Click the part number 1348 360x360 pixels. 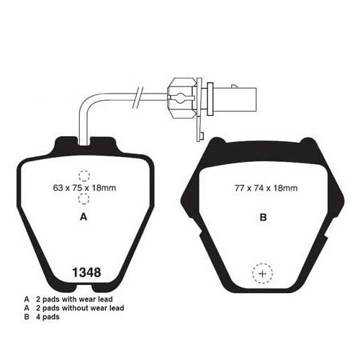pyautogui.click(x=86, y=273)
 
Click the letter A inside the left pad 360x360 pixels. pyautogui.click(x=84, y=217)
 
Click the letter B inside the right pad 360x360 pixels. pyautogui.click(x=264, y=217)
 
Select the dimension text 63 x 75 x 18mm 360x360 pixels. pyautogui.click(x=84, y=188)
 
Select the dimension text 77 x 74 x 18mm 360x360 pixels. pyautogui.click(x=266, y=188)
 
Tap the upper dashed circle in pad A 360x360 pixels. pyautogui.click(x=84, y=176)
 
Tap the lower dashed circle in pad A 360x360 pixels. pyautogui.click(x=84, y=199)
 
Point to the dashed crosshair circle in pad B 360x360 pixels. pyautogui.click(x=263, y=274)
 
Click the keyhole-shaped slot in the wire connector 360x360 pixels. pyautogui.click(x=180, y=97)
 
